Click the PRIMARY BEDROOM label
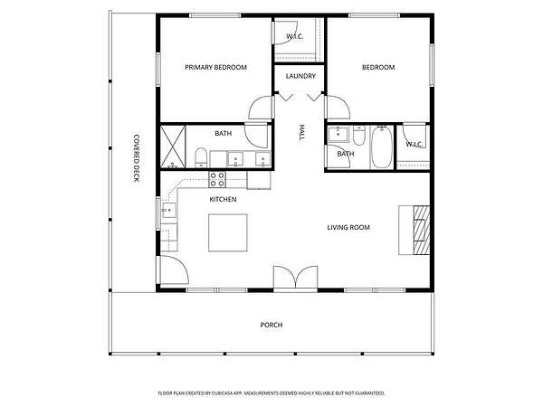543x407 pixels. click(x=215, y=67)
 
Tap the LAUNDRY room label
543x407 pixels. click(x=300, y=76)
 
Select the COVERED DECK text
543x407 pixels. click(x=137, y=157)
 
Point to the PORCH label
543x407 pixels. click(x=271, y=325)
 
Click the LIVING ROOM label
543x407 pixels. click(x=348, y=227)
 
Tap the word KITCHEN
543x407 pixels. click(x=223, y=199)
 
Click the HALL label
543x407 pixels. click(x=301, y=133)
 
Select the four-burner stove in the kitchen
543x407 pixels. click(x=217, y=180)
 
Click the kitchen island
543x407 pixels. click(x=228, y=232)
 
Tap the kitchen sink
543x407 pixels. click(x=169, y=210)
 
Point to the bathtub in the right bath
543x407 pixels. click(x=382, y=147)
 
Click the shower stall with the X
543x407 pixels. click(x=173, y=147)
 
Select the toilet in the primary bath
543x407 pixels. click(x=201, y=157)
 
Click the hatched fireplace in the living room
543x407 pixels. click(x=422, y=230)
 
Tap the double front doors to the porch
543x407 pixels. click(x=295, y=277)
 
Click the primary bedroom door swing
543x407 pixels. click(x=261, y=108)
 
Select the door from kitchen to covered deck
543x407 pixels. click(x=173, y=270)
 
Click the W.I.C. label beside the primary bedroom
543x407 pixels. click(x=295, y=36)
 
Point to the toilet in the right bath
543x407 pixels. click(x=359, y=136)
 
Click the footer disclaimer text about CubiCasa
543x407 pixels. click(x=271, y=393)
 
